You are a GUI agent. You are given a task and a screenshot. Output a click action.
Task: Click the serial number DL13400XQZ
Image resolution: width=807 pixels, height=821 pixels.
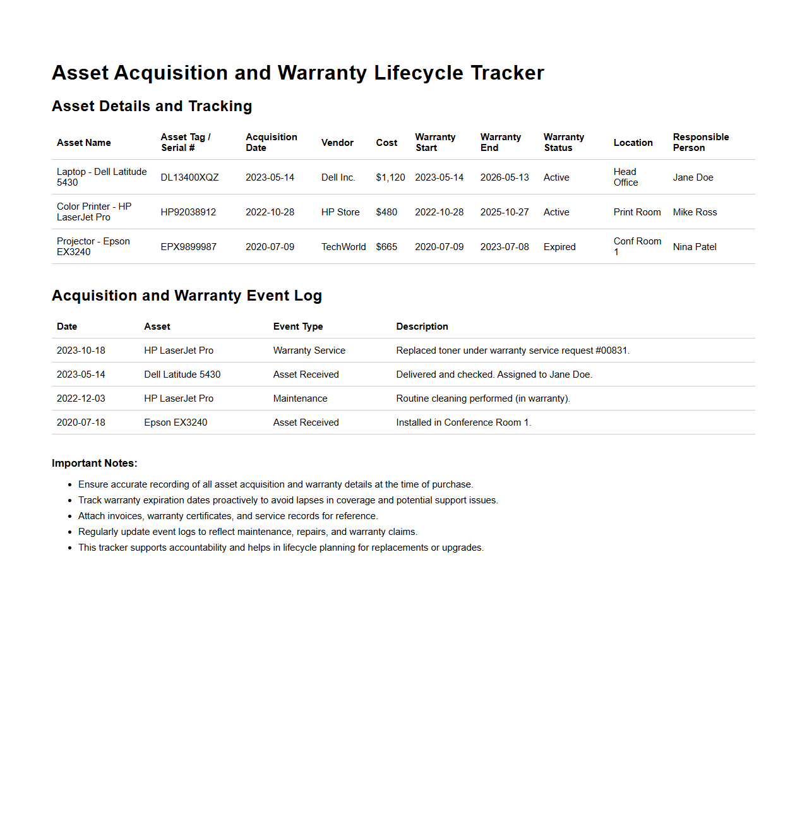click(x=189, y=177)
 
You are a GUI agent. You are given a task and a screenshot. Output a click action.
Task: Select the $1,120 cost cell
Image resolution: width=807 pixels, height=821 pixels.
click(x=390, y=177)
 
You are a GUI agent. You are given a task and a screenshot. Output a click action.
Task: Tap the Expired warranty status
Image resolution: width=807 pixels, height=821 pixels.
click(x=559, y=247)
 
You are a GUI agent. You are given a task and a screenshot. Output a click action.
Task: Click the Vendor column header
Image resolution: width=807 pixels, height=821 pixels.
click(x=337, y=143)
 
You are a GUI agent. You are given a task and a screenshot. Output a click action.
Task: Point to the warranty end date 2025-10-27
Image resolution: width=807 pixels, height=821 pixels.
click(x=505, y=212)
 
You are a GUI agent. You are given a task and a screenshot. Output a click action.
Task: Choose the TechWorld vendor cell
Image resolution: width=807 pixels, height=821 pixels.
click(x=344, y=247)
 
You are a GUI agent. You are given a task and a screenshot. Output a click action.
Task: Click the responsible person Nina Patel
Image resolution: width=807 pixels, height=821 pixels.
click(x=695, y=247)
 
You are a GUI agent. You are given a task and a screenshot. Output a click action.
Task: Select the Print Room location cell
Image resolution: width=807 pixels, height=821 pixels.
click(x=637, y=212)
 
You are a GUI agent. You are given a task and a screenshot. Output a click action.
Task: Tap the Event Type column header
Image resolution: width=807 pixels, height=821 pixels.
click(x=298, y=327)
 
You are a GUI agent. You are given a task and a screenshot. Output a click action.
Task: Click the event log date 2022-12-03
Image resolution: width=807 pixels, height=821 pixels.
click(x=81, y=399)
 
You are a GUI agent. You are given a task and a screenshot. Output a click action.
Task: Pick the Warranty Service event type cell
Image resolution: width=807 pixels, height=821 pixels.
click(x=309, y=351)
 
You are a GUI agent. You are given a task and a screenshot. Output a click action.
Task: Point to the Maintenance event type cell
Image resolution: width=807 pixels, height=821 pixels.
click(x=301, y=399)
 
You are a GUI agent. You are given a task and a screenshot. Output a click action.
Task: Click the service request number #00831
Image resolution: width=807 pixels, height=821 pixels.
click(x=612, y=351)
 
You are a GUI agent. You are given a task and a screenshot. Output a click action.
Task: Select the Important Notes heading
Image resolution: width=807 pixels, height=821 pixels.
click(x=95, y=464)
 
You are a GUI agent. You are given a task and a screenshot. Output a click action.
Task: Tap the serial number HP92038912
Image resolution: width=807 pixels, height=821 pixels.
click(x=188, y=212)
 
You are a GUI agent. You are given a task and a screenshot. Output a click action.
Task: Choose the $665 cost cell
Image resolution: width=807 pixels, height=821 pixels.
click(x=386, y=247)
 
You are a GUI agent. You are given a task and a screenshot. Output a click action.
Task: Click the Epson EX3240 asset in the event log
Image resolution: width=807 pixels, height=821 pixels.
click(x=176, y=422)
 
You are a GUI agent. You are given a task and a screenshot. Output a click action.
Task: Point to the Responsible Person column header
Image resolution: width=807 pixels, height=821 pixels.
click(x=701, y=142)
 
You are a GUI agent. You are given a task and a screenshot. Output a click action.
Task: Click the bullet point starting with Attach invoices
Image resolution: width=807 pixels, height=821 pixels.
click(x=228, y=516)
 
